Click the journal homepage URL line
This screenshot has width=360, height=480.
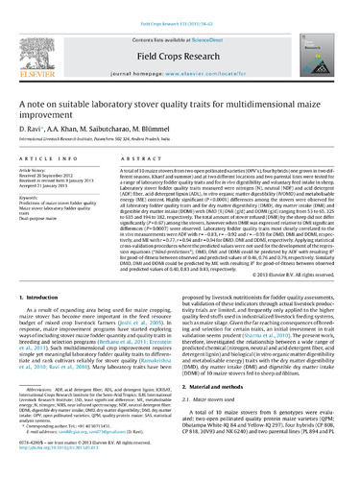(x=180, y=60)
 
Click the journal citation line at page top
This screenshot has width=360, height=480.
(x=180, y=7)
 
